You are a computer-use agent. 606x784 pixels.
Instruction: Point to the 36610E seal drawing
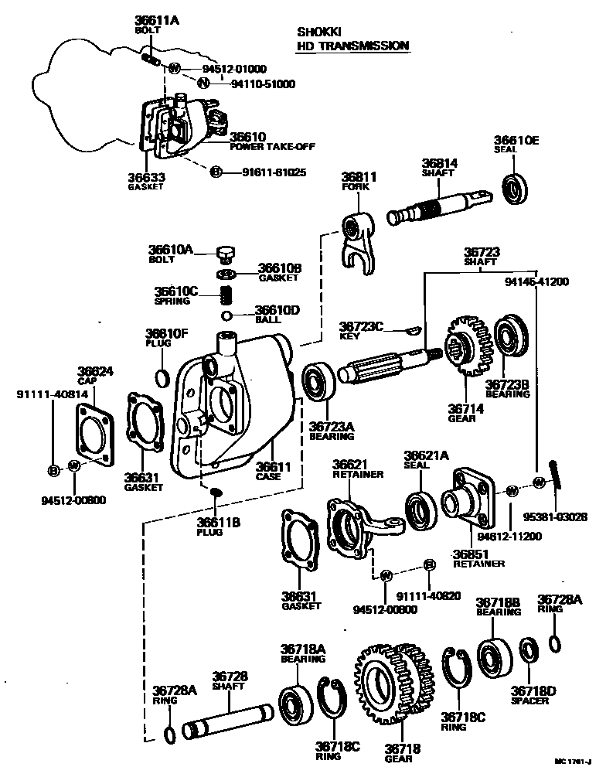515,189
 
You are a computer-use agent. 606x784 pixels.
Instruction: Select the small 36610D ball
226,315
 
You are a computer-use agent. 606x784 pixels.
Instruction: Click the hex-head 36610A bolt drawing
226,255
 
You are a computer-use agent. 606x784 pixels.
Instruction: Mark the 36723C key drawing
413,330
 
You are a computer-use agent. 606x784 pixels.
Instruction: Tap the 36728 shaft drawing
228,720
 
